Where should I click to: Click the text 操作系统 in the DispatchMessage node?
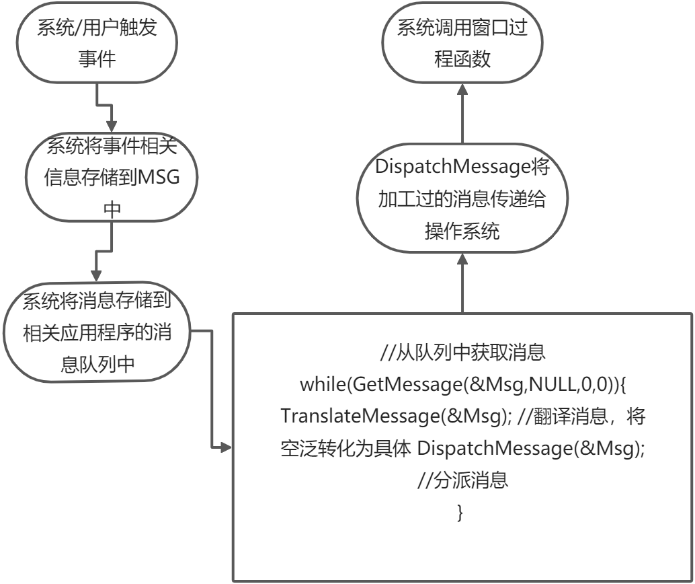pyautogui.click(x=462, y=232)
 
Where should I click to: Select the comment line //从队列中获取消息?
pyautogui.click(x=462, y=352)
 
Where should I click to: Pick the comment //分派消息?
pyautogui.click(x=462, y=480)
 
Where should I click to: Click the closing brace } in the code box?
pyautogui.click(x=460, y=513)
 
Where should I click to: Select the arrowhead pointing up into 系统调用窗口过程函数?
pyautogui.click(x=462, y=92)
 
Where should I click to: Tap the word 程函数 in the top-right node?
pyautogui.click(x=462, y=59)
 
